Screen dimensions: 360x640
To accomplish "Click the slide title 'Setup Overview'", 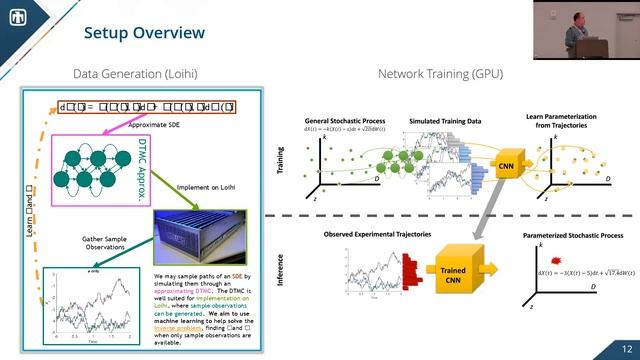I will point(144,34).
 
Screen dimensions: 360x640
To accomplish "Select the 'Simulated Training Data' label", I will point(445,121).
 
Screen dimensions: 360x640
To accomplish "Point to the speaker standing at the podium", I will point(568,30).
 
